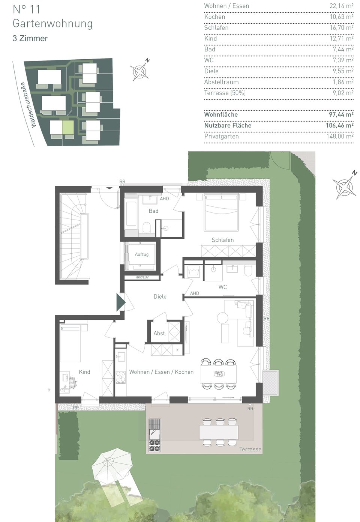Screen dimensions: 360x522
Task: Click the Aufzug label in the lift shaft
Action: pos(142,254)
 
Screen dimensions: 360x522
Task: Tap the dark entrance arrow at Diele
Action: pos(121,302)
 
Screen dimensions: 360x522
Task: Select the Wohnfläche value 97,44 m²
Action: pos(341,114)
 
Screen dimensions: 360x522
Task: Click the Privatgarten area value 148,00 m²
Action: pos(340,136)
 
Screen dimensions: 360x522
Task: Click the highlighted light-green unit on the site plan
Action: pos(68,127)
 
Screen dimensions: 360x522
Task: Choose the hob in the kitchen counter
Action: pos(121,377)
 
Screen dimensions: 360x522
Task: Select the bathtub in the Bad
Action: pos(131,214)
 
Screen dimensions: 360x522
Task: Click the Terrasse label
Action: pos(250,449)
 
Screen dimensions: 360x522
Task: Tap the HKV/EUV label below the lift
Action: pos(142,277)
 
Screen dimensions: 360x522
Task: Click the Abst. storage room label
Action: pos(160,333)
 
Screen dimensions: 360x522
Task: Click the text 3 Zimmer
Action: pos(30,38)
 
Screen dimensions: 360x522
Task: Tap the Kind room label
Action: pos(84,372)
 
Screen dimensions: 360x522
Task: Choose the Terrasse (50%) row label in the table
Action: pos(225,93)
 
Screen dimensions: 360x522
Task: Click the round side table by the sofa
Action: pos(222,317)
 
